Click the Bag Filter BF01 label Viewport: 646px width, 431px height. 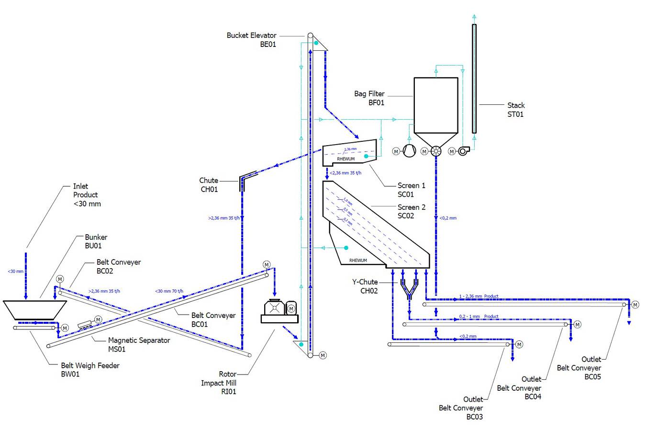click(x=369, y=98)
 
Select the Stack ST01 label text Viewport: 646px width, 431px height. click(x=515, y=110)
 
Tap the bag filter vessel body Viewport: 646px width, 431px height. click(x=435, y=105)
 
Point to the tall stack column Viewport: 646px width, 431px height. click(x=474, y=79)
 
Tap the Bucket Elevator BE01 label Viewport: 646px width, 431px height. click(x=251, y=40)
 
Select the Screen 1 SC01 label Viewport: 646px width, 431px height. click(x=411, y=190)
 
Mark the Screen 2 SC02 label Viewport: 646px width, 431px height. click(x=411, y=211)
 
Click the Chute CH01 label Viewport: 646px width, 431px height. click(x=209, y=185)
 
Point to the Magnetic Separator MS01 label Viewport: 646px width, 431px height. click(x=139, y=345)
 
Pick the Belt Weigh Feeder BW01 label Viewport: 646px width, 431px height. click(x=90, y=370)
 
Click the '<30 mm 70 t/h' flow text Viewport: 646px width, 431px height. click(x=169, y=291)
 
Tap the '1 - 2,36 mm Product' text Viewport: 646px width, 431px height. click(x=479, y=296)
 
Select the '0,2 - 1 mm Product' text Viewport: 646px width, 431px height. click(x=479, y=317)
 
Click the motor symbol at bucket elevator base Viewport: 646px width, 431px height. click(x=323, y=355)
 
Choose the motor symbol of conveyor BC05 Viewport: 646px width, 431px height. click(x=635, y=305)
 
